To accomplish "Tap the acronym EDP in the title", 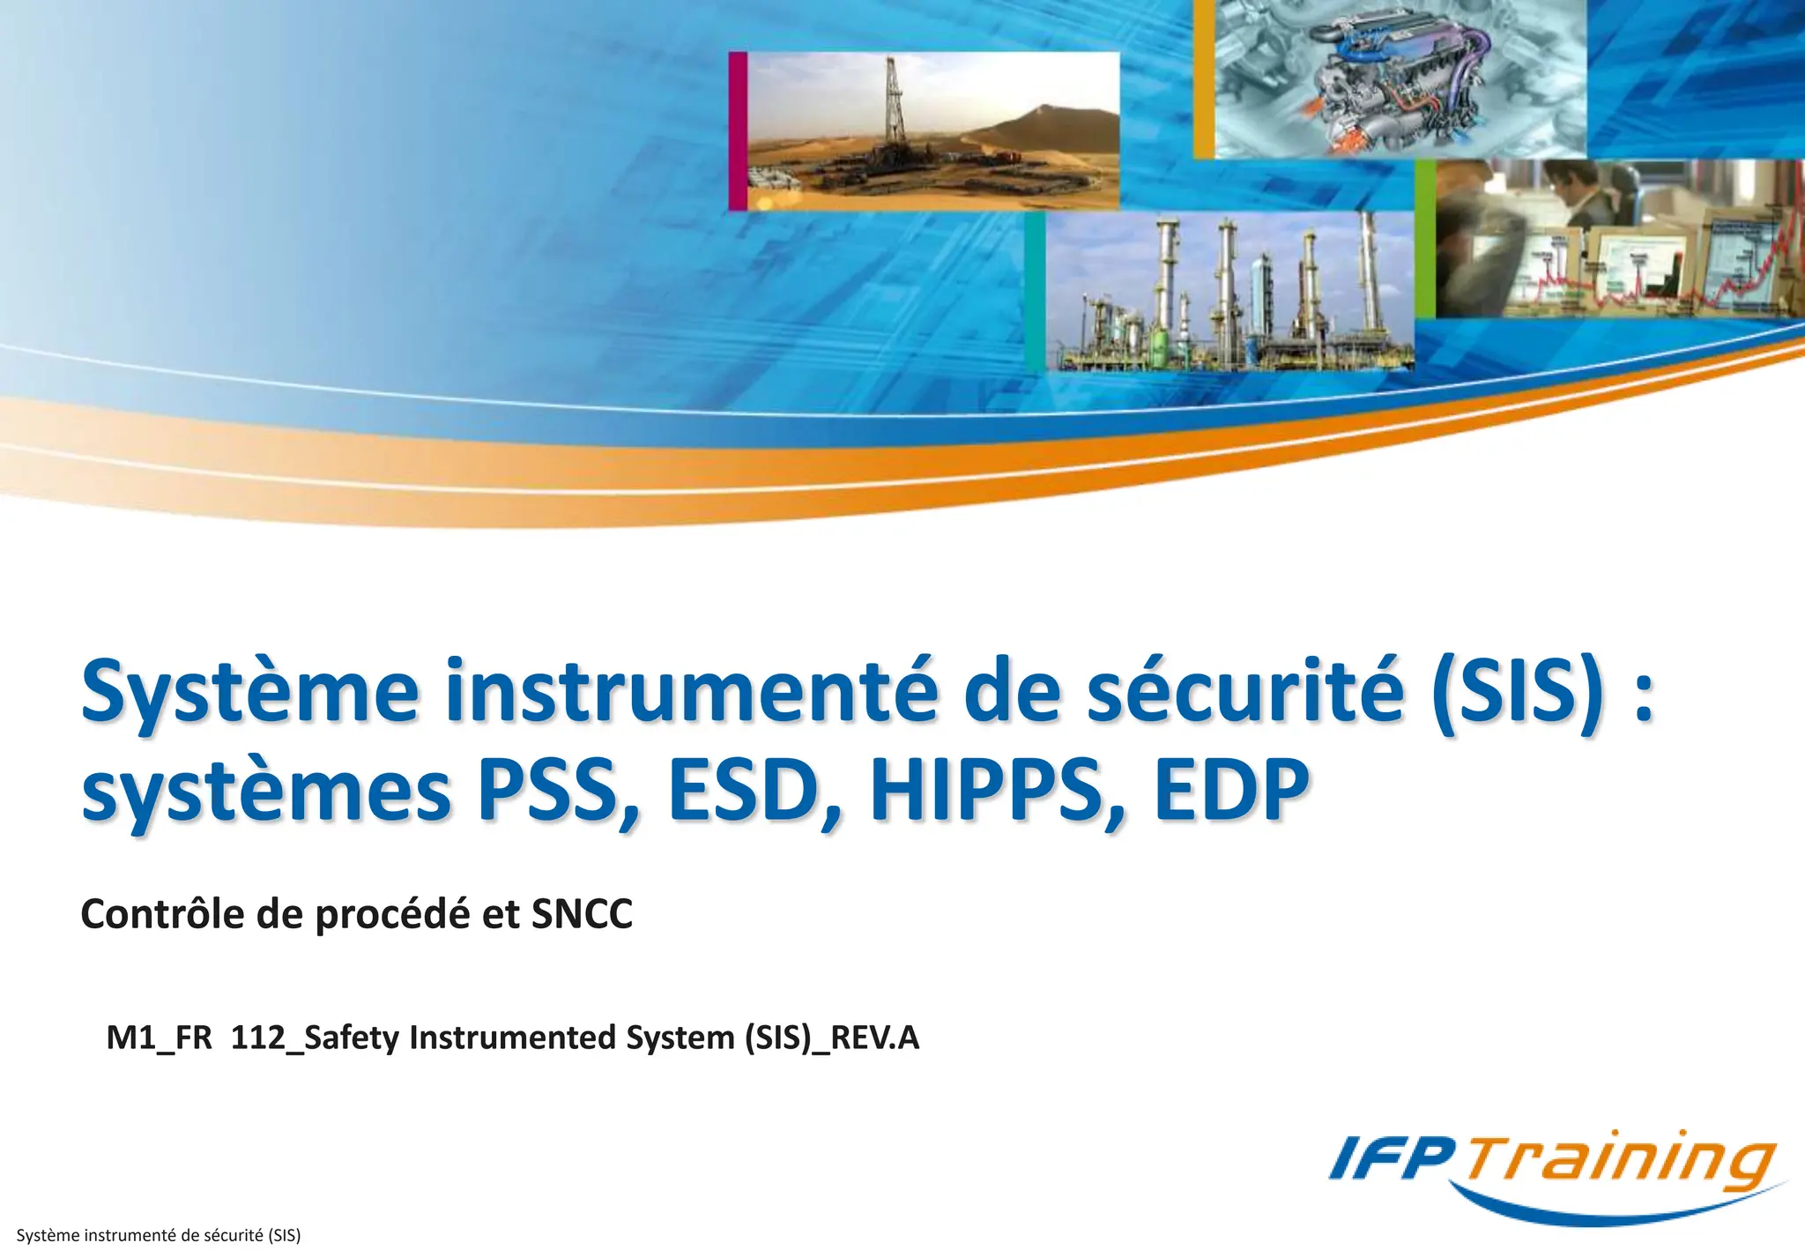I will pos(1232,789).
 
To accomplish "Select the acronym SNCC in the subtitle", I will pos(582,914).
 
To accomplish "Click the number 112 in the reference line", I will pos(258,1038).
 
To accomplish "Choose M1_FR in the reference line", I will pos(160,1038).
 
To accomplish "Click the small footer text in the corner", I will pos(159,1235).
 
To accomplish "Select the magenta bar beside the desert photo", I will pos(738,130).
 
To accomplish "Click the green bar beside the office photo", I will pos(1425,239).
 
